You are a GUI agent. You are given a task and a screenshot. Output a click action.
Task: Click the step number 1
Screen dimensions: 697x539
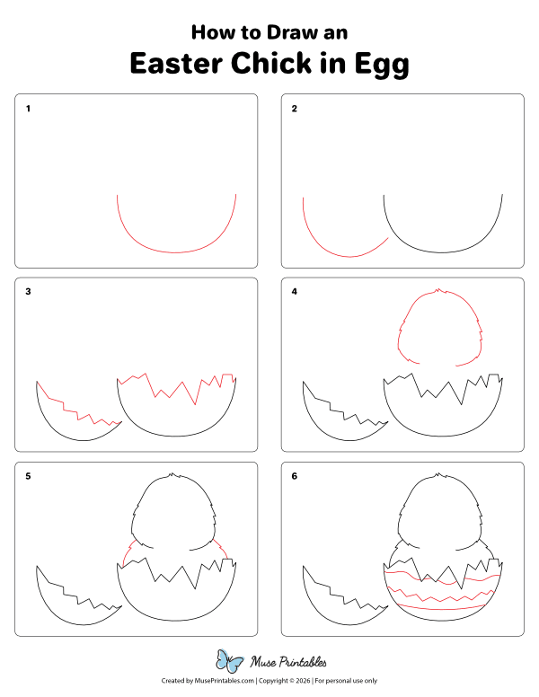click(x=28, y=110)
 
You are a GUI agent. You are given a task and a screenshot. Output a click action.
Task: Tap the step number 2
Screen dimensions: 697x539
click(x=294, y=110)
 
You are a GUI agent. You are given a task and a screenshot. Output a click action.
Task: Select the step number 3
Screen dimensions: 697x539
click(x=28, y=293)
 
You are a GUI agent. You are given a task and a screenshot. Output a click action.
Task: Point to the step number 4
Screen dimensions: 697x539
click(x=294, y=293)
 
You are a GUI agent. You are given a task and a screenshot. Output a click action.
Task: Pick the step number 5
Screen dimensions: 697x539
click(x=28, y=476)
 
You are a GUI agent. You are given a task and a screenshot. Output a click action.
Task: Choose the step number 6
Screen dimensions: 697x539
click(x=294, y=476)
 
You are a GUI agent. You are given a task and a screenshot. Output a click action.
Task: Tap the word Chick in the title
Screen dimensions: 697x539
click(x=280, y=65)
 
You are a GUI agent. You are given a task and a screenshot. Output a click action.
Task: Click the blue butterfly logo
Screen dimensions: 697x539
click(x=230, y=662)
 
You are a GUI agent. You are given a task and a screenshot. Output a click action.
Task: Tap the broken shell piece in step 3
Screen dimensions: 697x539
click(x=72, y=422)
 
